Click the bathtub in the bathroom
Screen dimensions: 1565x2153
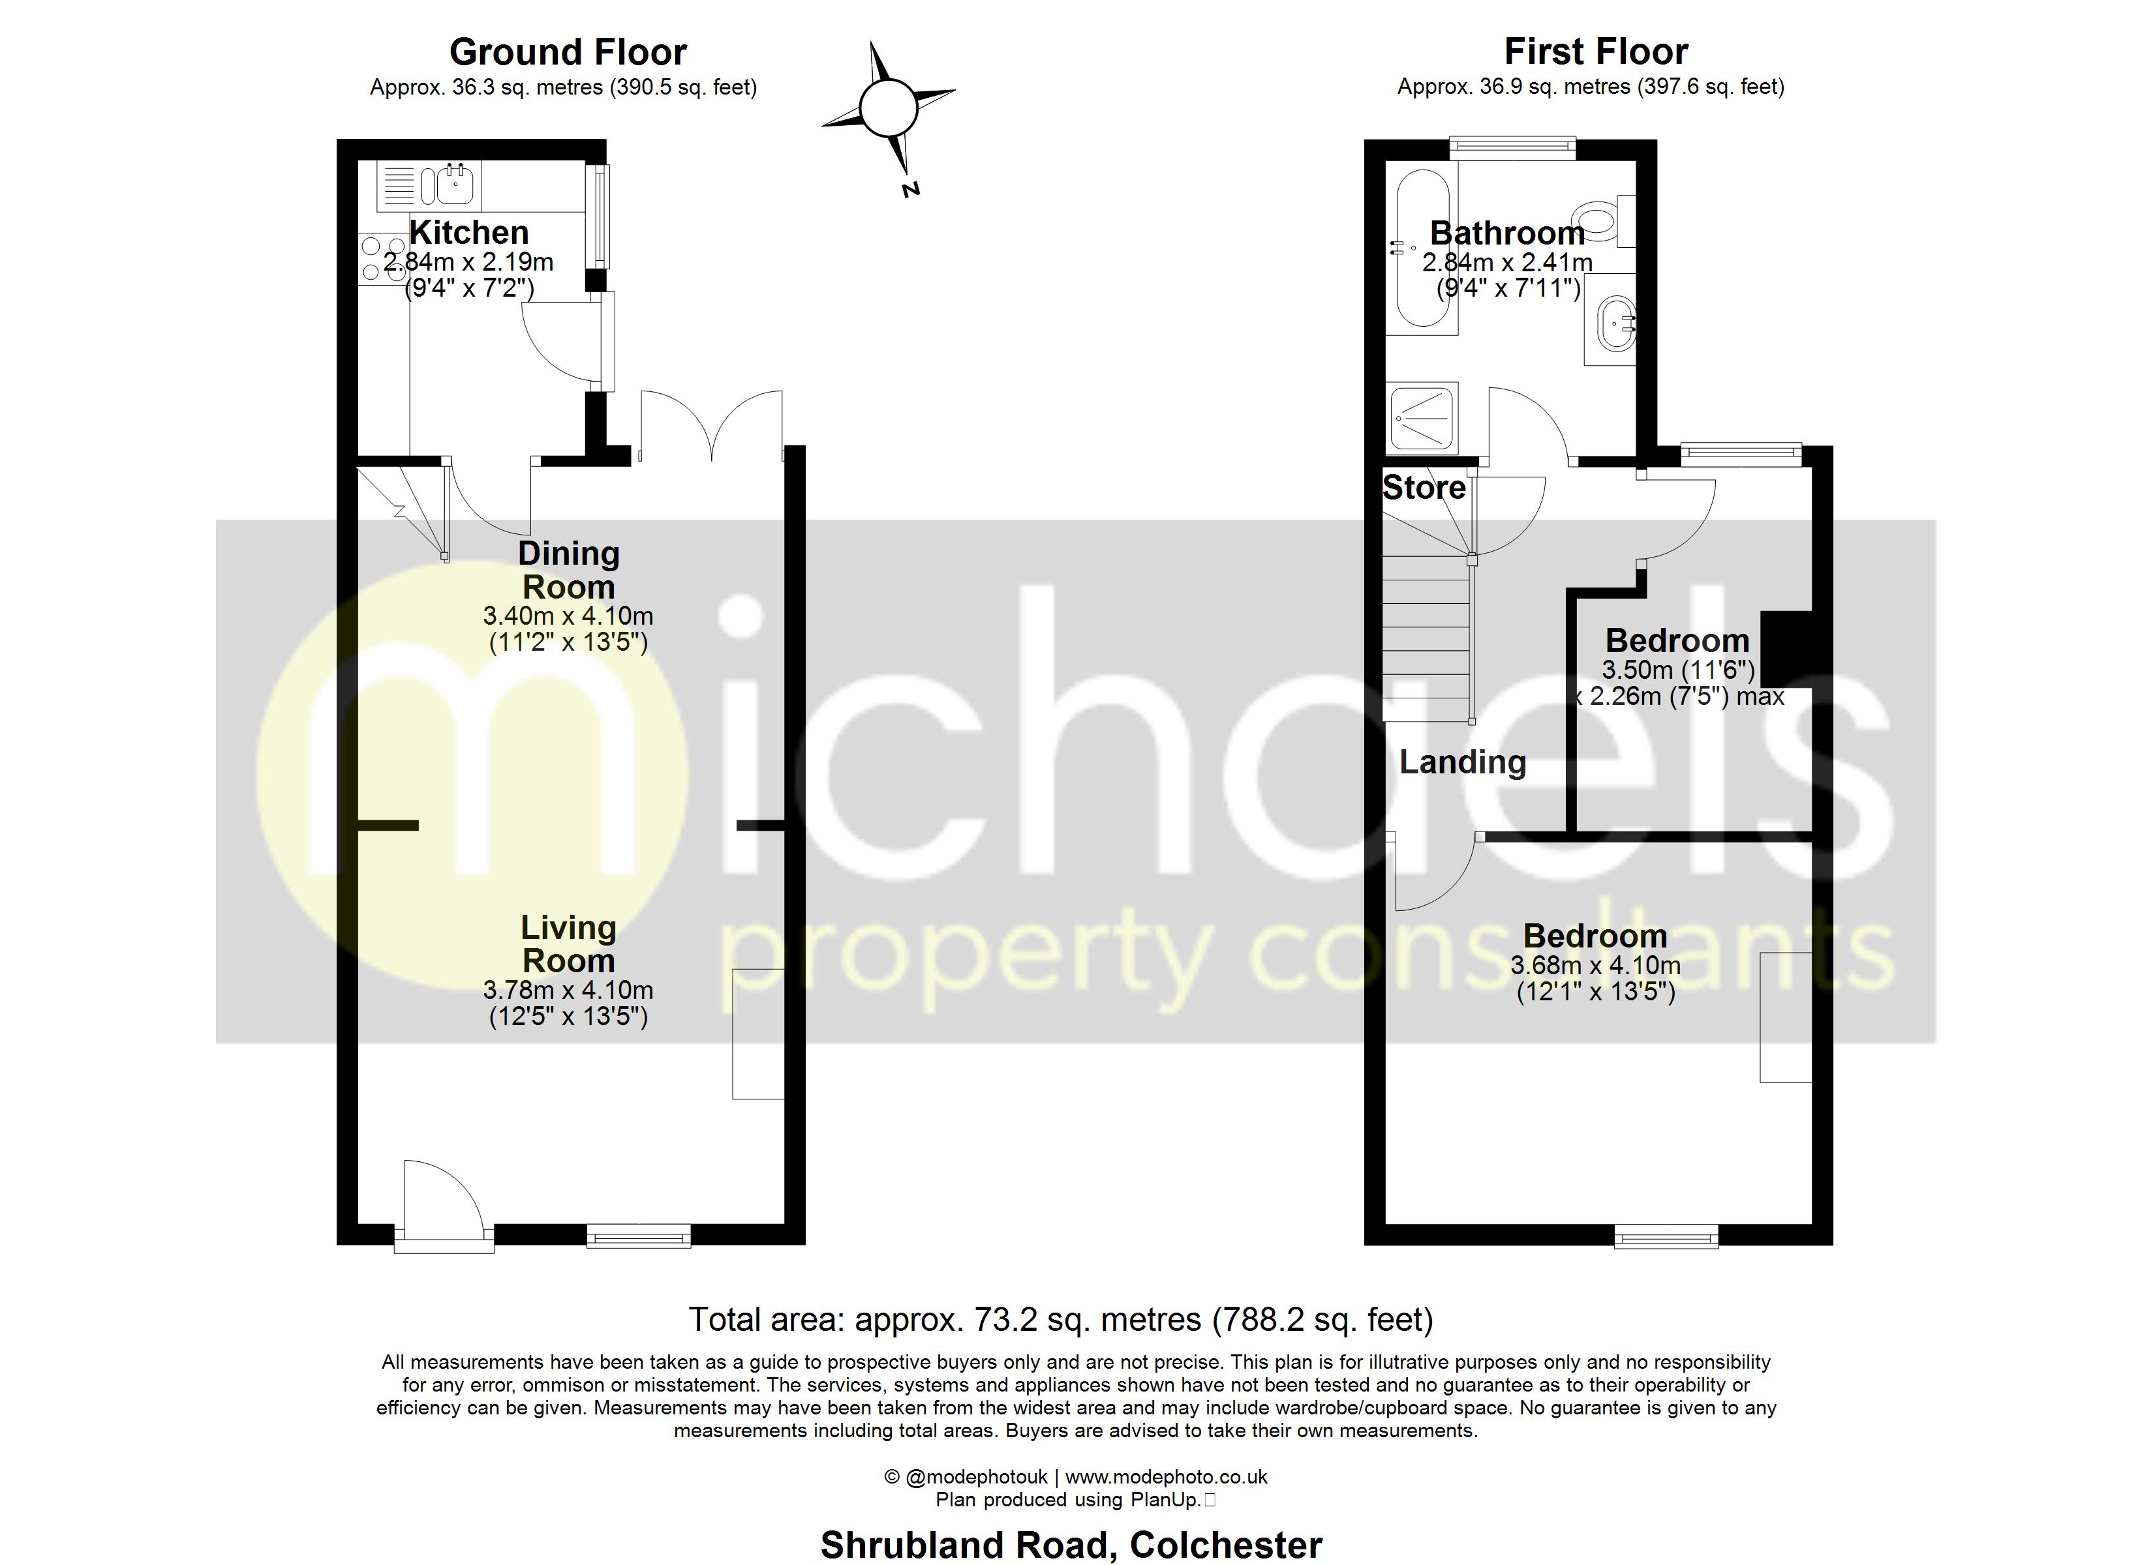pyautogui.click(x=1422, y=248)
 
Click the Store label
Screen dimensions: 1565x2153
pyautogui.click(x=1423, y=488)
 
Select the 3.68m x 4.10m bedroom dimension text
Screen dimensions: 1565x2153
pyautogui.click(x=1595, y=966)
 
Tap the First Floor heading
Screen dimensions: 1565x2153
pyautogui.click(x=1596, y=52)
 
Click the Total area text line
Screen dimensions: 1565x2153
pyautogui.click(x=1060, y=1320)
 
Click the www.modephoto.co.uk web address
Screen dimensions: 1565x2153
pyautogui.click(x=1166, y=1477)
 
